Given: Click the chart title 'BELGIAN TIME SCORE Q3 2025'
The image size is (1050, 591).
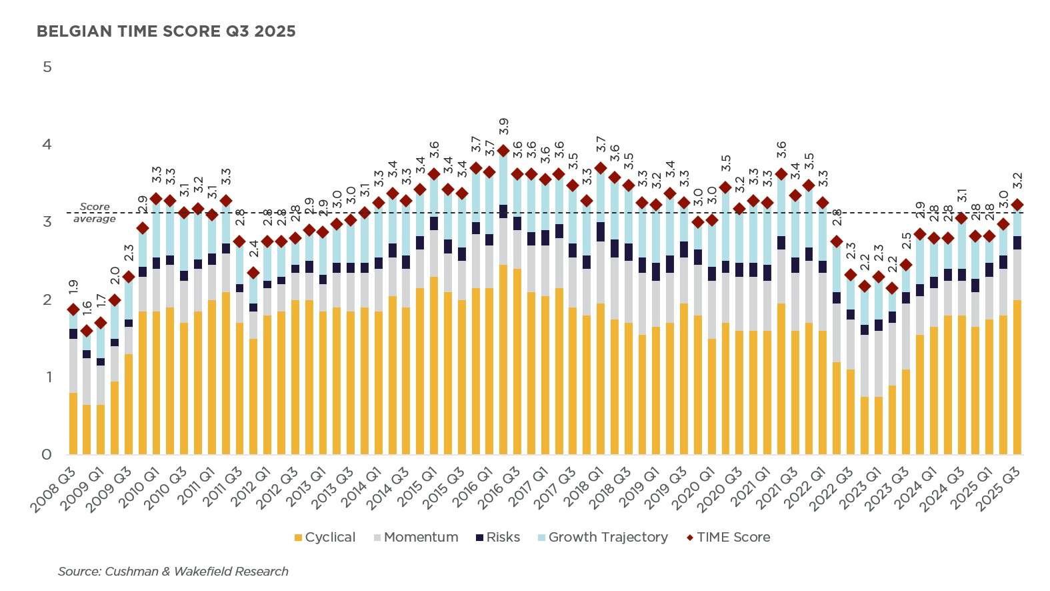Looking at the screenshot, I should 166,31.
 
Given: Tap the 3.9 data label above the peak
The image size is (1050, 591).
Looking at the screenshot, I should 504,127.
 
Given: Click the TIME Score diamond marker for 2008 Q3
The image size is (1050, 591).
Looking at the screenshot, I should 73,310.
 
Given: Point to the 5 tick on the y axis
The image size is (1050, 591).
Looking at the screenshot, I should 47,67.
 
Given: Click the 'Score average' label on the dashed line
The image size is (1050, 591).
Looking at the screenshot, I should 95,213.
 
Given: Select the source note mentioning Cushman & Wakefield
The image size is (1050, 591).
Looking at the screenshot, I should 173,571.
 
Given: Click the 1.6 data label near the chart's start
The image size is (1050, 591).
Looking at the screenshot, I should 87,310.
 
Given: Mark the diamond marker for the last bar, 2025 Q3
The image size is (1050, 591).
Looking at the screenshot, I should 1017,205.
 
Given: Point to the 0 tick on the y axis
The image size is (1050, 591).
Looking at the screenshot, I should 47,454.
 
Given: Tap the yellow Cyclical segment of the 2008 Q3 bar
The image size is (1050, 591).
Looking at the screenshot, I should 73,424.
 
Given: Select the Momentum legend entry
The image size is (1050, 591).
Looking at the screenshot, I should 415,537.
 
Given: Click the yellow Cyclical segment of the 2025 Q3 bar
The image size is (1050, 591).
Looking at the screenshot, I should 1017,377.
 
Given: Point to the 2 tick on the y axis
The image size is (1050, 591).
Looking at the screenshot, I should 47,300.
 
